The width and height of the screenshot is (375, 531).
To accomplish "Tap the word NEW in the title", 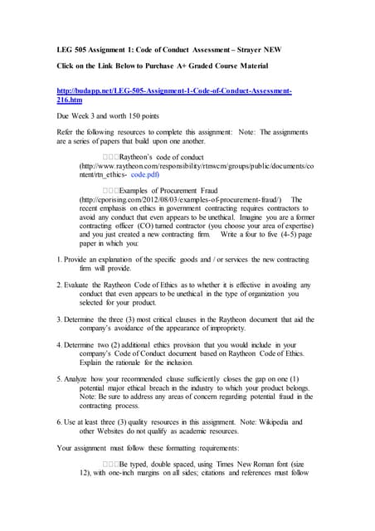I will click(273, 50).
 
